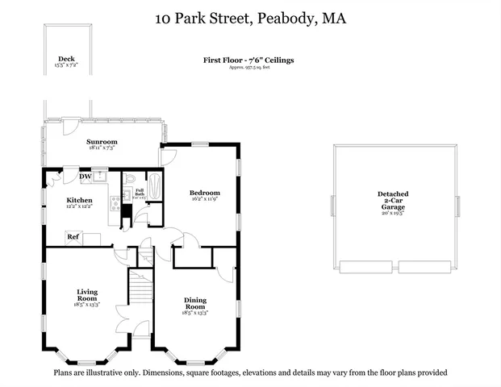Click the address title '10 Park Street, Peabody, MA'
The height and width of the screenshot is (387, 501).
click(250, 18)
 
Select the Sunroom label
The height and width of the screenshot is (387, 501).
click(102, 142)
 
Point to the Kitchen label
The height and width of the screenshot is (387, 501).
click(79, 200)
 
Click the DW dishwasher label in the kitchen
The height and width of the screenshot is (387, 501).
click(85, 177)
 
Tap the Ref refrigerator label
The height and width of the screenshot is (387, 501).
click(73, 237)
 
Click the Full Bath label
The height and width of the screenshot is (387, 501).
click(139, 193)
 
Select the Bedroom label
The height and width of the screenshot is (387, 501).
click(205, 193)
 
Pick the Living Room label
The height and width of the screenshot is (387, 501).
click(87, 295)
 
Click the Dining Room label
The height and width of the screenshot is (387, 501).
click(195, 303)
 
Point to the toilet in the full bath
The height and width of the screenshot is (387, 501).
click(129, 178)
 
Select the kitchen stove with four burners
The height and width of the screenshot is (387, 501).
click(115, 202)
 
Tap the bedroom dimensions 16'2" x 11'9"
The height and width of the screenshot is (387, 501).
click(205, 200)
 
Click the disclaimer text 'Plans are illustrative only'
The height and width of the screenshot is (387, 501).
click(250, 372)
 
